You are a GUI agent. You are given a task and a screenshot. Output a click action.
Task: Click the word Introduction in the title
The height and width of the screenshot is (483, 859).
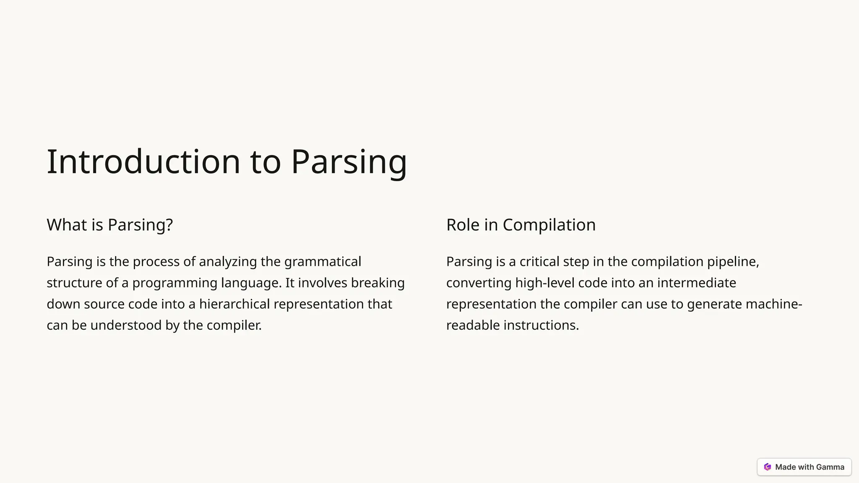point(143,161)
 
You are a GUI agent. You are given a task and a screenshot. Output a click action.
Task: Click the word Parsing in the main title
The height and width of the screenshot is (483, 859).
point(349,161)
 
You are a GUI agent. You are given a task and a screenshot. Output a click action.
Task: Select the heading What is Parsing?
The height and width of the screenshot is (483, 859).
point(109,225)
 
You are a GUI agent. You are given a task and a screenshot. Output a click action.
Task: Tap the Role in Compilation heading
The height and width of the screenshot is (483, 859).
point(521,225)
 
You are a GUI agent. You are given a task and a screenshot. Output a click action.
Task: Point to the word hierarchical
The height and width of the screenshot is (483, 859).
point(234,304)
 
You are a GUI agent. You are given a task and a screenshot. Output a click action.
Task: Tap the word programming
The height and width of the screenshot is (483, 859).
point(175,283)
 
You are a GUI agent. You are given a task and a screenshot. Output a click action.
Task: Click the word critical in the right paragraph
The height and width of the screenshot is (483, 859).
point(539,262)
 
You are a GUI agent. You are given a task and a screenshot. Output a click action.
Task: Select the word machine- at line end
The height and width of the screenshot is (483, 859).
point(774,304)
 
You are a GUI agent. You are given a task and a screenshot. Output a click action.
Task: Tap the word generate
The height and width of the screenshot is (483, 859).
point(714,304)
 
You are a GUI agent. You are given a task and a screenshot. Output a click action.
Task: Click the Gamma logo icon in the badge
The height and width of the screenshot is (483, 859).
point(768,467)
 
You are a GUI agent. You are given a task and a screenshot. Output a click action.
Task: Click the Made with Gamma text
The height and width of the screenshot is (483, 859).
point(810,467)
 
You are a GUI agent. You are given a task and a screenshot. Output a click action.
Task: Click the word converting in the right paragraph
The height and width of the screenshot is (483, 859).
point(479,283)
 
